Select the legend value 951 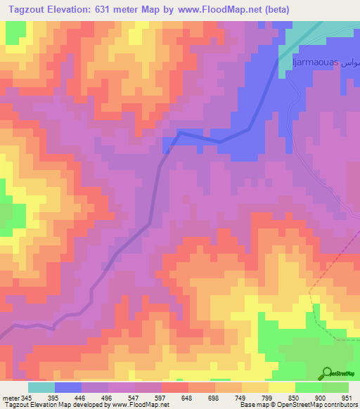coord(347,397)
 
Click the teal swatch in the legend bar coord(41,387)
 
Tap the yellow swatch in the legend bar coord(282,387)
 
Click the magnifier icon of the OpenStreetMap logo coord(326,374)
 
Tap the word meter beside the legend coord(11,397)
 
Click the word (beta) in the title coord(273,10)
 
